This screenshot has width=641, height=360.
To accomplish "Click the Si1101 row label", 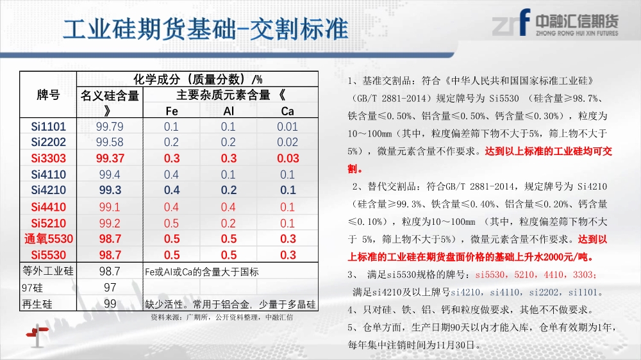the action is point(48,127).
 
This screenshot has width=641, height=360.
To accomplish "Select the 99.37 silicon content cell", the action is point(110,159).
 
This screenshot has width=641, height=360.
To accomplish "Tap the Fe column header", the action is point(172,111).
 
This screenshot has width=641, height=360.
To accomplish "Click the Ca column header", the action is point(287,111).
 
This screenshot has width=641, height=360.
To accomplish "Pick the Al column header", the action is point(229,111).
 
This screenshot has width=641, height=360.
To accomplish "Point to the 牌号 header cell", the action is point(48,95).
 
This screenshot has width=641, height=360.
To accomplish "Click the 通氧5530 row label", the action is point(48,239).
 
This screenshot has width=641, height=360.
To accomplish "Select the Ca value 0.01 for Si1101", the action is point(287,127).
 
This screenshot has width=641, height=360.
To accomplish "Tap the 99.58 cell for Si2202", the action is point(110,142).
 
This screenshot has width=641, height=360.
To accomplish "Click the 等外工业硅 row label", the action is point(48,271).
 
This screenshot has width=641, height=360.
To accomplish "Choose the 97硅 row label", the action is point(32,288).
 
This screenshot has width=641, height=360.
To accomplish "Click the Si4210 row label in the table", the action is point(48,190).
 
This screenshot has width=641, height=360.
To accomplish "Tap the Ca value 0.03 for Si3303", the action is point(288,159).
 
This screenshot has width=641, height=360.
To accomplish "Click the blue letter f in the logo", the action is point(524,22).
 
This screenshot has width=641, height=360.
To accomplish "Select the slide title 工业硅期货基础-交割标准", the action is point(206,29).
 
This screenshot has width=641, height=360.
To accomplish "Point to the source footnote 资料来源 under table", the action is point(222,317).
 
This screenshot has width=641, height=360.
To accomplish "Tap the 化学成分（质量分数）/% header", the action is point(198,79).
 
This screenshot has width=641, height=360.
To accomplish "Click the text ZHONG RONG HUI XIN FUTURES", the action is point(577,33).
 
